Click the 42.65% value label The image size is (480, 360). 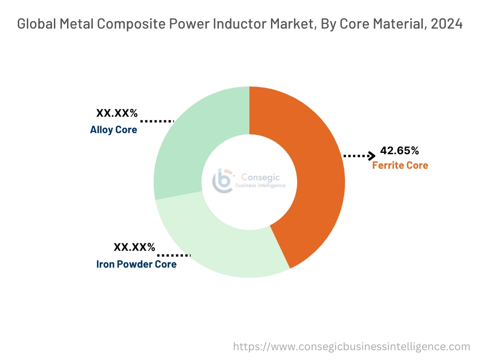(399, 151)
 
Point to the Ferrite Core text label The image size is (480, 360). (400, 165)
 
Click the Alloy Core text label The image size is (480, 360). (113, 130)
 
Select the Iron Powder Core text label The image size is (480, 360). (136, 264)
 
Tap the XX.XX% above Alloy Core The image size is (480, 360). (117, 113)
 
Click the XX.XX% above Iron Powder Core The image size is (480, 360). (134, 247)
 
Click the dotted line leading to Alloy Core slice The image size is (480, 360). (157, 121)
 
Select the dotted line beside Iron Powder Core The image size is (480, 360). (174, 255)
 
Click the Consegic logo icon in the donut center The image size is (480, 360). (223, 180)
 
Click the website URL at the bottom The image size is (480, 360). (352, 346)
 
